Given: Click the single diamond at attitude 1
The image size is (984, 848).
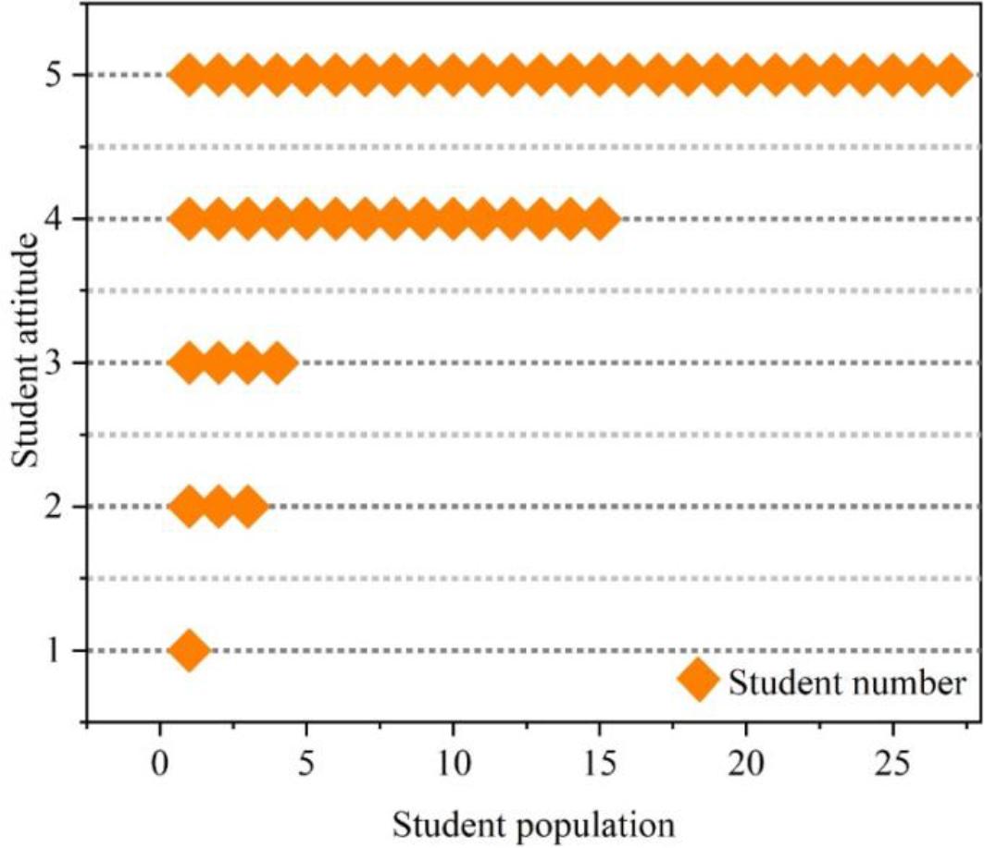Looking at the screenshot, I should point(189,651).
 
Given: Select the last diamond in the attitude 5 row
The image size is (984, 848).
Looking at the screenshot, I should point(952,75).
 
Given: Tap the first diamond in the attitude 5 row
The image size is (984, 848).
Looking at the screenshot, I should point(189,75).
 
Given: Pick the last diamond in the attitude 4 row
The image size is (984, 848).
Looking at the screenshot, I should point(600,219).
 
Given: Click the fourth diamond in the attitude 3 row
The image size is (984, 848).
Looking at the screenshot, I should point(277,363).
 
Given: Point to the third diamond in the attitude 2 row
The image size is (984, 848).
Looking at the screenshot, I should point(247,507).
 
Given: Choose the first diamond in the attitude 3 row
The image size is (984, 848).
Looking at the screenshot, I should point(189,363).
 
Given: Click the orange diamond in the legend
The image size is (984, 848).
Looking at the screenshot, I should point(698,682).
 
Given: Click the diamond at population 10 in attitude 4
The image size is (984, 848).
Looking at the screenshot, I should point(453,219).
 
